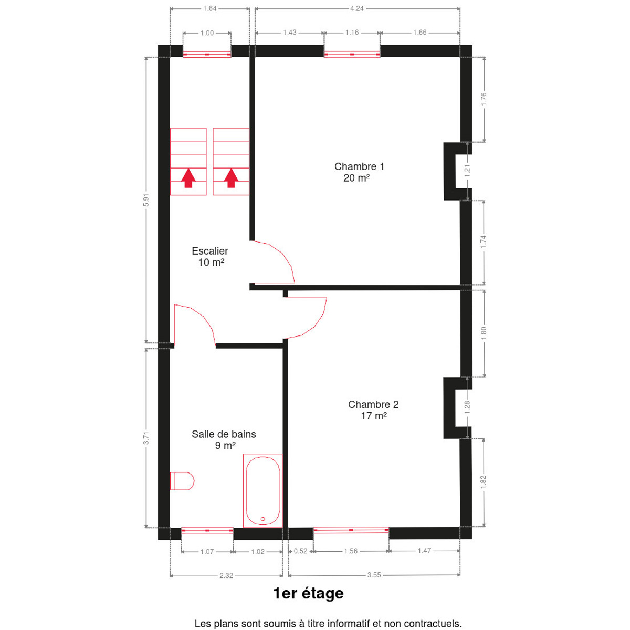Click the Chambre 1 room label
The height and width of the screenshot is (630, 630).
359,172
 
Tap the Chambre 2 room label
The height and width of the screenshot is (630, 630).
373,410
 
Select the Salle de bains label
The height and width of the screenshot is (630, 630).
224,439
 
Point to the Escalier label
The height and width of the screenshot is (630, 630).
210,256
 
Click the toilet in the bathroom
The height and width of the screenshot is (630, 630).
182,481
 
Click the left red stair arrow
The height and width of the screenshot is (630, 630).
188,178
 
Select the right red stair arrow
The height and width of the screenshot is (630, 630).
231,178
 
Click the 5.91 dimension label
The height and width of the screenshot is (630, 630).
146,199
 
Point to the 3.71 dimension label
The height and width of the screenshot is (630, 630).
146,438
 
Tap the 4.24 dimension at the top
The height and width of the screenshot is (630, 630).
356,8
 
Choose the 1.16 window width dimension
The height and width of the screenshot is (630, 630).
352,33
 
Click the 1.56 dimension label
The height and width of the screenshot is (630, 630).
351,551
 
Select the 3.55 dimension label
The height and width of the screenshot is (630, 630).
374,575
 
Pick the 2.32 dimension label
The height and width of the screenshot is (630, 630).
226,575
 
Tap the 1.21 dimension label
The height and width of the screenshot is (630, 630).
467,171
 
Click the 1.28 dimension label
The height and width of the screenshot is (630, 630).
467,407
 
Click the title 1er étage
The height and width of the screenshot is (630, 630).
308,593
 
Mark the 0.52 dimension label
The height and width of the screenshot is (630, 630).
300,551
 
